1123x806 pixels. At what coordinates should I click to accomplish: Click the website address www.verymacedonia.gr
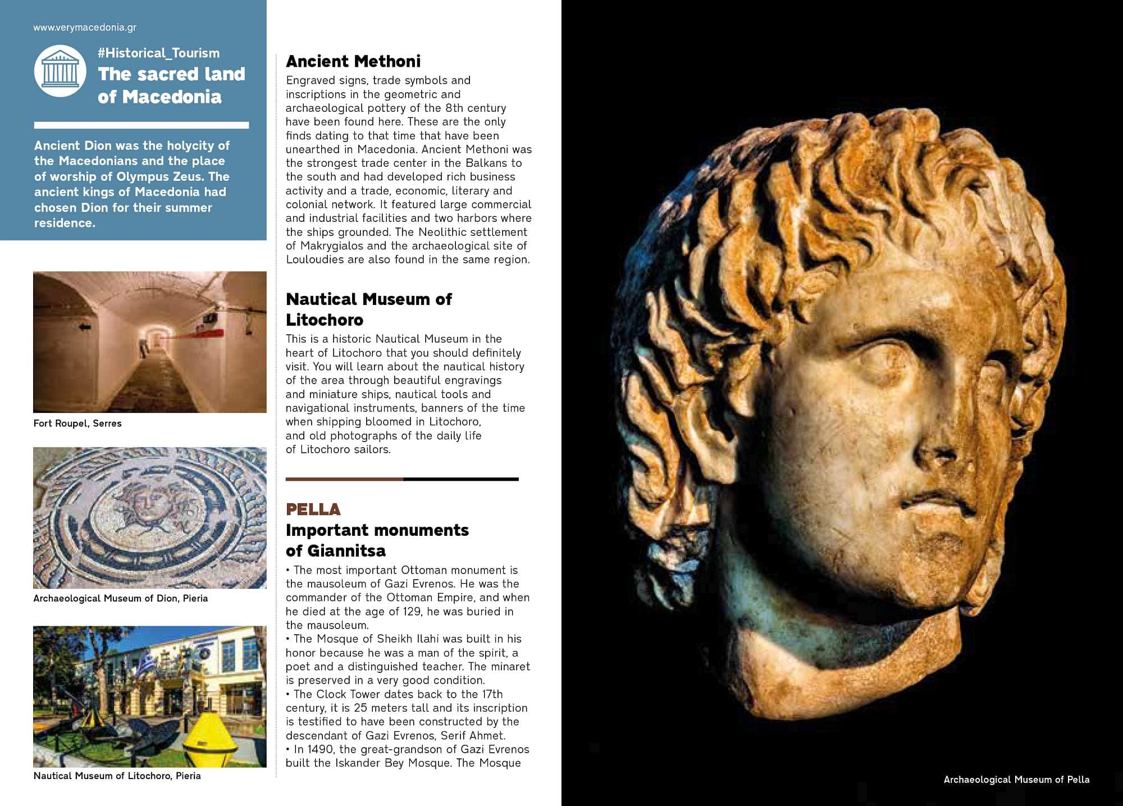(x=85, y=28)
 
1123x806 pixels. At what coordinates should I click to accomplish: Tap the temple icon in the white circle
(x=60, y=71)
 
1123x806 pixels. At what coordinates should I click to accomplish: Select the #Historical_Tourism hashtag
(x=158, y=53)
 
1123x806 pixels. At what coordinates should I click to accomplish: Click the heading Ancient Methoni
(x=353, y=61)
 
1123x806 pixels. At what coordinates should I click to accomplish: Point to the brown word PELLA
(x=313, y=509)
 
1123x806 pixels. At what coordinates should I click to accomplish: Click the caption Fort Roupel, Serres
(x=77, y=424)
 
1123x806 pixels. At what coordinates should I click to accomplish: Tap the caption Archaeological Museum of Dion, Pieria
(x=120, y=599)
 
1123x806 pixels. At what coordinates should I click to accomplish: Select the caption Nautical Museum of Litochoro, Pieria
(x=117, y=776)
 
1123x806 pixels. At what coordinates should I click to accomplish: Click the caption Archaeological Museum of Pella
(x=1016, y=780)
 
